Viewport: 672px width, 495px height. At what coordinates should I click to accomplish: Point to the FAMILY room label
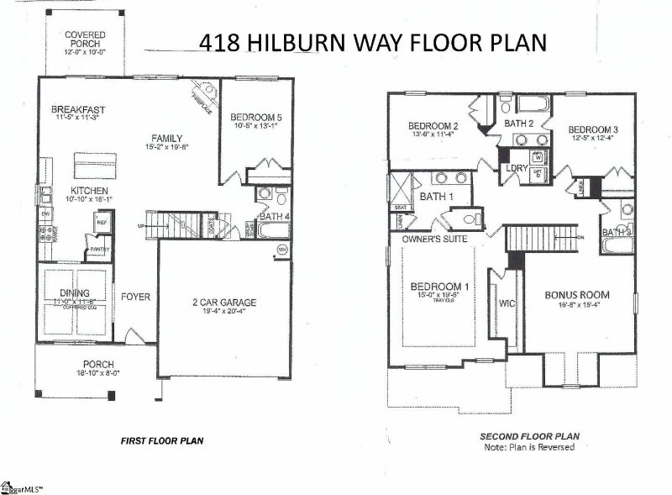[167, 139]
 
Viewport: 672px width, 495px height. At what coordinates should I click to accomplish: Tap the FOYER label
[135, 297]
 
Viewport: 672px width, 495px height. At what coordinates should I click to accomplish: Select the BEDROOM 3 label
[593, 129]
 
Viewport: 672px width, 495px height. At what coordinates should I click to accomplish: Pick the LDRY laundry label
[515, 168]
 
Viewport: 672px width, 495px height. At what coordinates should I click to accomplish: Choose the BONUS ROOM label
[576, 295]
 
